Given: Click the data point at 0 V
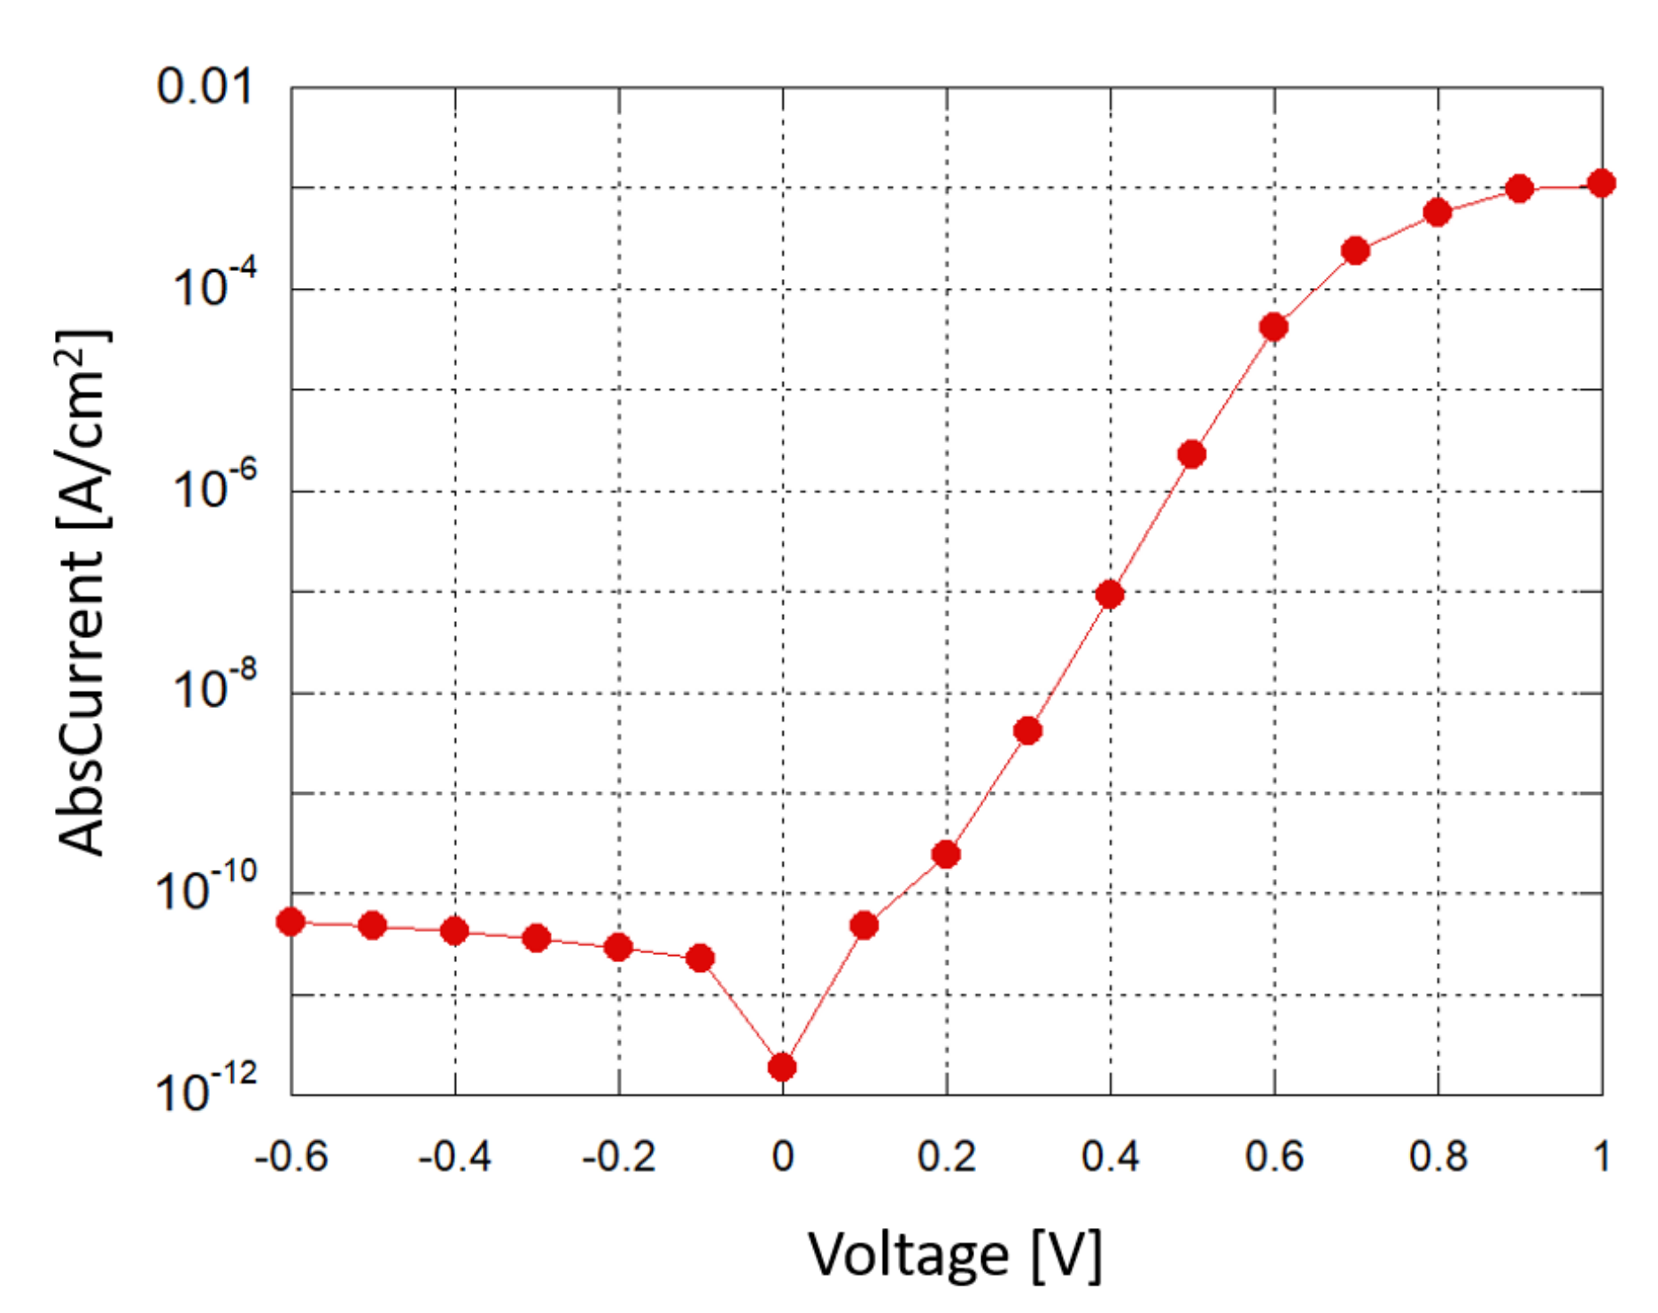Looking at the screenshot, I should tap(782, 1067).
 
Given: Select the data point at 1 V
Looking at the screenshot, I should tap(1601, 183).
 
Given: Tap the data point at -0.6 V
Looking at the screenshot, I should tap(291, 921).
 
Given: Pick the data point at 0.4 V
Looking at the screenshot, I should tap(1110, 594).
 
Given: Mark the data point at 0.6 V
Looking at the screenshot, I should tap(1274, 327).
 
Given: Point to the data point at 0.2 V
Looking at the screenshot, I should tap(946, 854).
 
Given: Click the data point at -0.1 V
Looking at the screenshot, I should tap(701, 958).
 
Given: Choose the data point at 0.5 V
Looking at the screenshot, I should tap(1192, 454).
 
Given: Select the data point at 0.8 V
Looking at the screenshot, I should tap(1437, 212).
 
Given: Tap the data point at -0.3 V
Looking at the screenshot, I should tap(537, 937).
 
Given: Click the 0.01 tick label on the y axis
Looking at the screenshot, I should tap(205, 87).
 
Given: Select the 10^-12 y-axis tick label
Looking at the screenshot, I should tap(206, 1088).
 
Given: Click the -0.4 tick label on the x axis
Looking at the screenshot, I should tap(454, 1157).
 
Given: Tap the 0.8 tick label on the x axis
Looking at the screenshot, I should tap(1438, 1157).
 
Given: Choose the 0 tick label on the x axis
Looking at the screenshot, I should tap(783, 1157).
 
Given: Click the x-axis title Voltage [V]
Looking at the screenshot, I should tap(955, 1255).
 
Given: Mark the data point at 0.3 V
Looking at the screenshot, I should tap(1027, 731).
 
